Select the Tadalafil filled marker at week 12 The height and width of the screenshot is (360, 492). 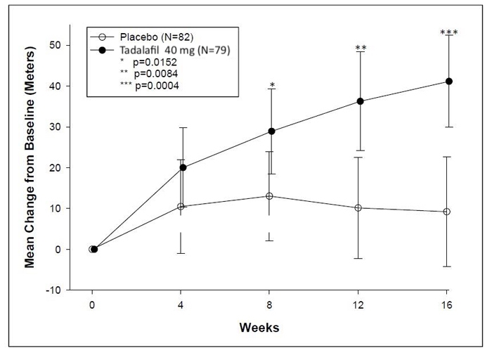tap(361, 101)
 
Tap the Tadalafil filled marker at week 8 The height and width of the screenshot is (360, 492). tap(272, 131)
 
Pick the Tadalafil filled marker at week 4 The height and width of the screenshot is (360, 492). tap(183, 167)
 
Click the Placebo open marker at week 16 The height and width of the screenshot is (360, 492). tap(446, 212)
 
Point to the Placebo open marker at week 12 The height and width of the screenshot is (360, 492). tap(358, 208)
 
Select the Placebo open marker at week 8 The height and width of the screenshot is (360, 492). tap(269, 196)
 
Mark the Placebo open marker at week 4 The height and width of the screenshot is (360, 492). tap(181, 207)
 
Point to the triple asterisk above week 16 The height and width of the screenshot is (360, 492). tap(448, 33)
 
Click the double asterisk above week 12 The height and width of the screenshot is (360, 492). tap(361, 49)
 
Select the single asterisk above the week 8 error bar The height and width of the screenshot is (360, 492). tap(272, 86)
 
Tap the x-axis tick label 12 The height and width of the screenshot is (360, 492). tap(359, 305)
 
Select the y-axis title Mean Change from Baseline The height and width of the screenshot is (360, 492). tap(31, 167)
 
